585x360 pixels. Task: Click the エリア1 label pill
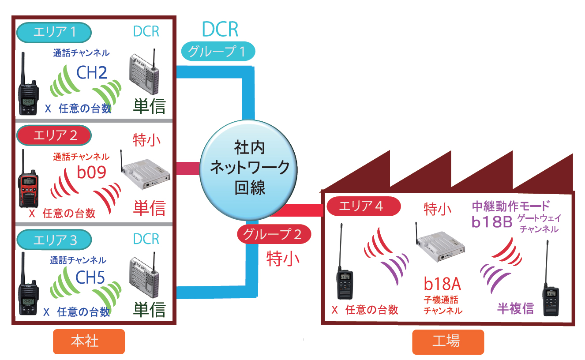pos(53,32)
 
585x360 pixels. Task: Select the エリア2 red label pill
pos(53,135)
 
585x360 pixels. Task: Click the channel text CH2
pos(92,73)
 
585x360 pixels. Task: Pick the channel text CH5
pos(90,278)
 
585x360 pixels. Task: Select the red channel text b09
pos(92,172)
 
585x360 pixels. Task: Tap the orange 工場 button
pos(448,341)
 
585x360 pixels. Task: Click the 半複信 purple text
pos(515,308)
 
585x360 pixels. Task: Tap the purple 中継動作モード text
pos(511,206)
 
